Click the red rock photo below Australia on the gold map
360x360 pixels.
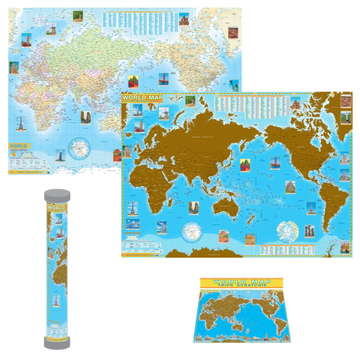point(223,235)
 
